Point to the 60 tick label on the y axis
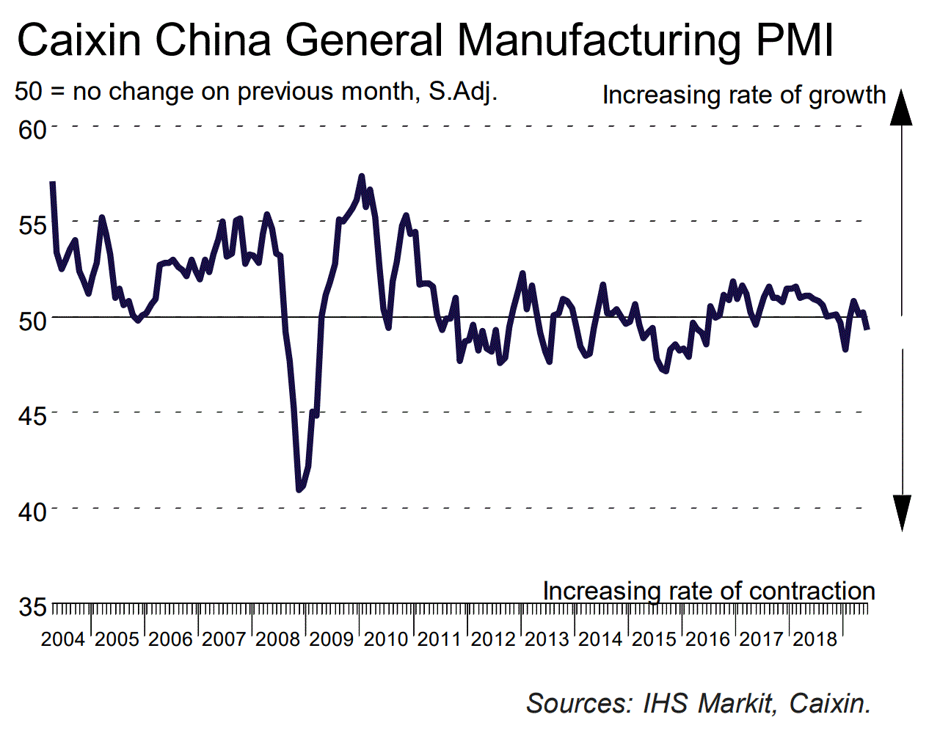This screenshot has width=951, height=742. (x=32, y=130)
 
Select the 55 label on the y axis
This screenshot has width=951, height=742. (x=32, y=225)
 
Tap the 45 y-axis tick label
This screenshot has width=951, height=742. (x=32, y=415)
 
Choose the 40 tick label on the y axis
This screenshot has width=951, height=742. (x=32, y=511)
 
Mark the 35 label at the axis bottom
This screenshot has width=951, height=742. (x=32, y=607)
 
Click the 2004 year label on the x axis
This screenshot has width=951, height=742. (x=63, y=639)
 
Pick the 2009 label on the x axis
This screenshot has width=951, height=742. (x=332, y=639)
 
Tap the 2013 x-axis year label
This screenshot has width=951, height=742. (x=547, y=639)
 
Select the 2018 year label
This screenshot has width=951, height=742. (x=815, y=639)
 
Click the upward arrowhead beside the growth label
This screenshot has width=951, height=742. (x=902, y=108)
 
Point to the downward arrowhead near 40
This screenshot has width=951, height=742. (x=902, y=512)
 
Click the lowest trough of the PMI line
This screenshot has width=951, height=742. (x=299, y=490)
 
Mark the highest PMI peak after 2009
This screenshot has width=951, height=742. (x=361, y=176)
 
